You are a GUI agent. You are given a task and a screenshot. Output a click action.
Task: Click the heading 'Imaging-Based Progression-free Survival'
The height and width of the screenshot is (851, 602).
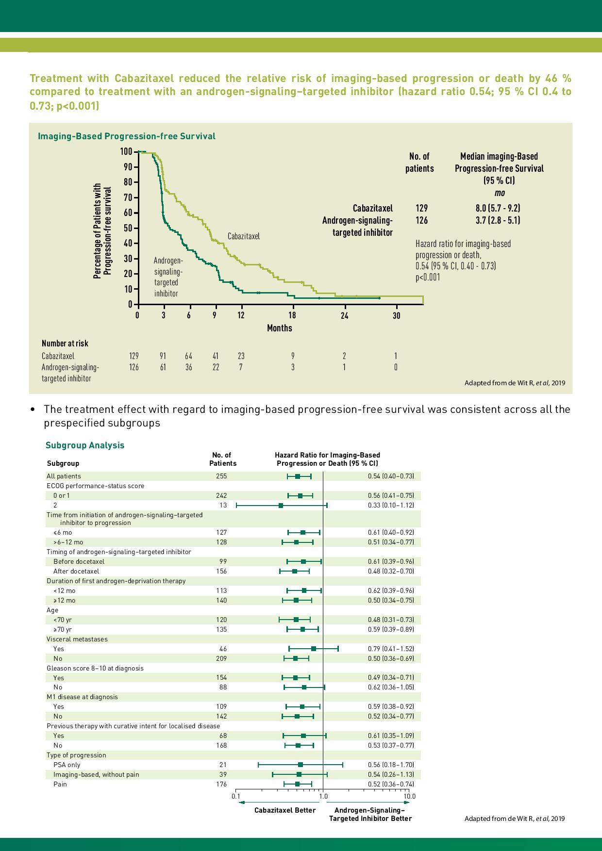[x=127, y=136]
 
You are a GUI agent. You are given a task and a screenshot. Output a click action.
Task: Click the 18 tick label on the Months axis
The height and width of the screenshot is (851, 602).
[x=292, y=315]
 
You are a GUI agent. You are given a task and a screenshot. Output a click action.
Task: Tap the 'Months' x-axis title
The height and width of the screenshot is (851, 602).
[x=280, y=328]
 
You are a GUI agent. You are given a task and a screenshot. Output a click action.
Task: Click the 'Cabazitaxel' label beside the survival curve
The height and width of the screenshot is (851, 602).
[x=244, y=236]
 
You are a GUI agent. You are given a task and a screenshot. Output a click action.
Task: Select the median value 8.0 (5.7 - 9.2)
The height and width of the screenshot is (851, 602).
[x=498, y=208]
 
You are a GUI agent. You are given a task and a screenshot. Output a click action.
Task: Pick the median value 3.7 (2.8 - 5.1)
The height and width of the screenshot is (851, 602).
[x=498, y=220]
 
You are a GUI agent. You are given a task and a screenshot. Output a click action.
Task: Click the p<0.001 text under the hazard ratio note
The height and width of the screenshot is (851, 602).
[x=428, y=278]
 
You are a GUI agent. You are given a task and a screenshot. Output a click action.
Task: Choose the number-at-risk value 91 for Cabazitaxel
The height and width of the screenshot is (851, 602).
[x=163, y=356]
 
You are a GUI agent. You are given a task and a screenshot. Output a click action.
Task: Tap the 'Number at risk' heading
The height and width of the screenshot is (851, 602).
[x=65, y=343]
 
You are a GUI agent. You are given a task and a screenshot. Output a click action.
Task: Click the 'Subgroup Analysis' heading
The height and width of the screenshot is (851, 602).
[x=85, y=445]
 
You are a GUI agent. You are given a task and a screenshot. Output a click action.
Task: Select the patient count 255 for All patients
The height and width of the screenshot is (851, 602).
[x=221, y=476]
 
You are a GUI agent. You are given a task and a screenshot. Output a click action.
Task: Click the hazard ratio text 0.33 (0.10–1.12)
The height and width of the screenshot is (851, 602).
[x=391, y=505]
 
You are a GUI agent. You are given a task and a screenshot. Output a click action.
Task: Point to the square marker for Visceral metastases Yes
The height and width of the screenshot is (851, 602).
[x=314, y=648]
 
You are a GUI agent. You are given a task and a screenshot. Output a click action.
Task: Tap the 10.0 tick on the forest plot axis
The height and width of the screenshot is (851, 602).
[x=409, y=796]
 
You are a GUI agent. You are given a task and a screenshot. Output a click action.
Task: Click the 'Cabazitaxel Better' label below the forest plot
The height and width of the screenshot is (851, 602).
[x=285, y=810]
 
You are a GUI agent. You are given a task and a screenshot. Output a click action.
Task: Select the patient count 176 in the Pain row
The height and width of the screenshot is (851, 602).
[x=221, y=784]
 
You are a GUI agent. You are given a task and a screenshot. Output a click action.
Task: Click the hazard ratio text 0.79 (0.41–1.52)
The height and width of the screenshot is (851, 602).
[x=391, y=649]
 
